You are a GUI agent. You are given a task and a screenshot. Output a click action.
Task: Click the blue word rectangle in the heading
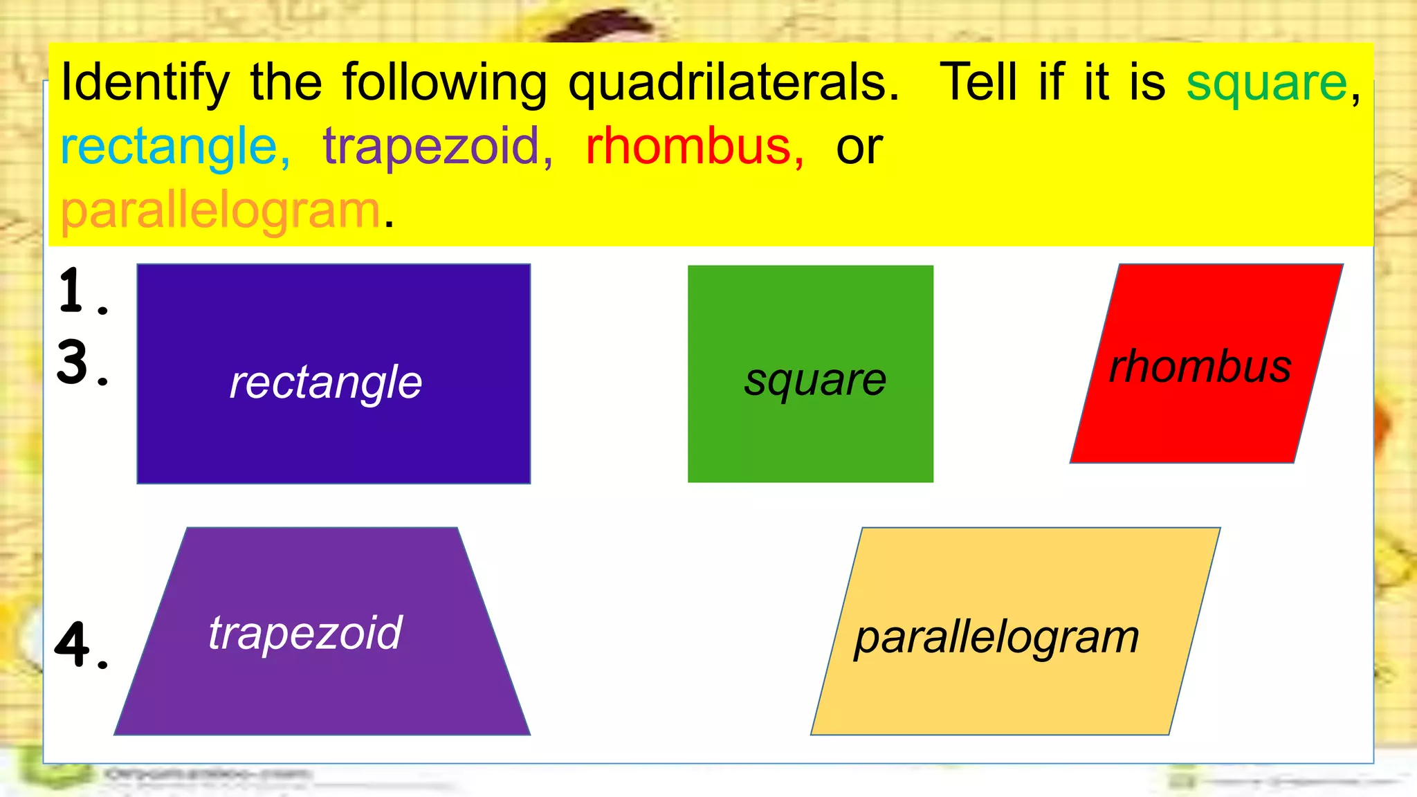[169, 147]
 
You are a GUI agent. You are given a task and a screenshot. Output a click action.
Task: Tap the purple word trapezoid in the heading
[431, 147]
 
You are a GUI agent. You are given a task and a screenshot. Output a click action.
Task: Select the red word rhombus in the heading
[688, 147]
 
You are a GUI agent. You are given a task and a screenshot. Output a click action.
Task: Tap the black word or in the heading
[859, 148]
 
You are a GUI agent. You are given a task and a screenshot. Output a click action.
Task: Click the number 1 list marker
[73, 291]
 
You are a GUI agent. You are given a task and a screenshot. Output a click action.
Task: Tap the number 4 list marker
[73, 645]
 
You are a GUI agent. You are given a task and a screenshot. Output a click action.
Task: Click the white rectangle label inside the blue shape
[325, 382]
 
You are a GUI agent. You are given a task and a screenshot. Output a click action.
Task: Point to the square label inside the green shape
[815, 380]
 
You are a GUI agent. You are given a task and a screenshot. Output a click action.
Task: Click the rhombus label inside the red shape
[1200, 366]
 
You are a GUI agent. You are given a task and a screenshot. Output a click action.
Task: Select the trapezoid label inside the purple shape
[305, 632]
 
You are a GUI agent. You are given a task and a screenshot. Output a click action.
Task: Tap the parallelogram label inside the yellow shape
[996, 637]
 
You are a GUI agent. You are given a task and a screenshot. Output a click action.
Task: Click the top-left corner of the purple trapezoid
[188, 529]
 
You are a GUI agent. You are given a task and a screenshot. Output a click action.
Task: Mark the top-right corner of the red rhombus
[1342, 265]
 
